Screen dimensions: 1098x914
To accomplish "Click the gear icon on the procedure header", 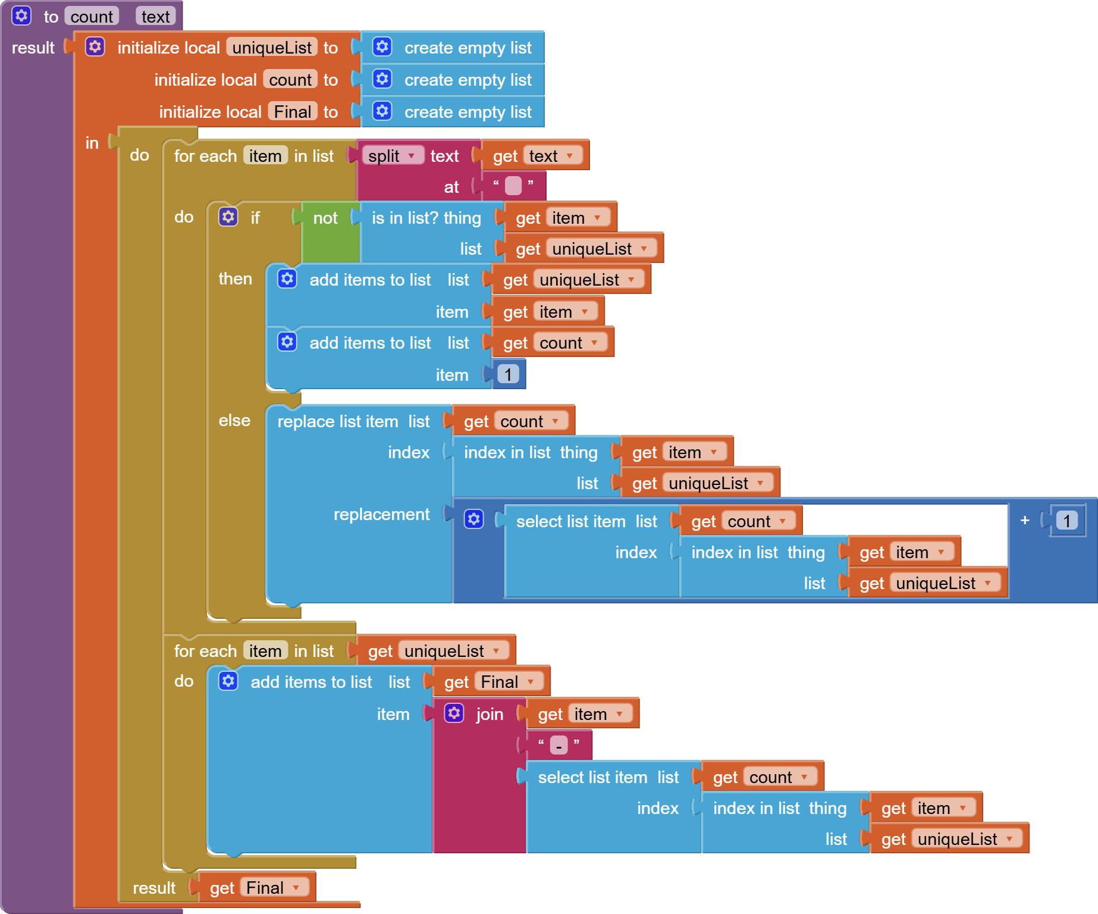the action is (x=21, y=15).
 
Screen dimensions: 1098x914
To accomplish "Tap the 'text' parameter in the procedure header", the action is (x=156, y=17).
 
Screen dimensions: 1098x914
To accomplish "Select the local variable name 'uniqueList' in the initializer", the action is (x=272, y=48).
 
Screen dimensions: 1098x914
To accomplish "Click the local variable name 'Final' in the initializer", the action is (x=293, y=112).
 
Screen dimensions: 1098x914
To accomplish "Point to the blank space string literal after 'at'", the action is (x=513, y=186).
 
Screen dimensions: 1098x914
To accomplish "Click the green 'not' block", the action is (x=326, y=218).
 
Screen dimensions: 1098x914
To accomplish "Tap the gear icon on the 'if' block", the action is (x=228, y=217).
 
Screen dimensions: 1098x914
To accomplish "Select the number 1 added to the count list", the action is (x=508, y=374).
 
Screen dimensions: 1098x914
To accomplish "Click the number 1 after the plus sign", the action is (x=1067, y=521).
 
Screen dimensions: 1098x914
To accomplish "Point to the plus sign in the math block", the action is (x=1025, y=520).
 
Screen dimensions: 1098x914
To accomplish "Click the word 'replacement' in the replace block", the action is (x=381, y=514).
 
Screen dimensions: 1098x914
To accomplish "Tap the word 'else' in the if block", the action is (x=234, y=420).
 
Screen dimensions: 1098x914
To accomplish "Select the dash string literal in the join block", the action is (x=559, y=745).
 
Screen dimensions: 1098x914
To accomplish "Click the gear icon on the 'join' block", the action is (x=454, y=713).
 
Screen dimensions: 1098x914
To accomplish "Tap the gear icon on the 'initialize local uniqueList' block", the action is (x=95, y=46).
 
